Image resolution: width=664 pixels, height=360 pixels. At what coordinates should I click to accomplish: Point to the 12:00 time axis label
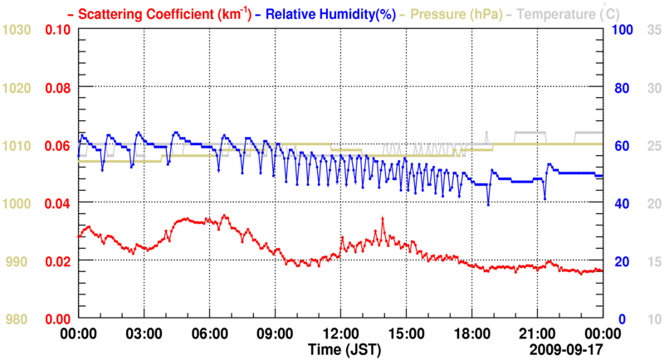pyautogui.click(x=340, y=333)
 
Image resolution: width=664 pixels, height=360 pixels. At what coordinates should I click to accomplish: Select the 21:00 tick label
pyautogui.click(x=537, y=333)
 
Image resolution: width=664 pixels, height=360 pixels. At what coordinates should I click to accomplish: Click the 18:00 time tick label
pyautogui.click(x=471, y=333)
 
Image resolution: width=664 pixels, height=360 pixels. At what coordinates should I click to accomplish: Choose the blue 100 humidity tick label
pyautogui.click(x=622, y=30)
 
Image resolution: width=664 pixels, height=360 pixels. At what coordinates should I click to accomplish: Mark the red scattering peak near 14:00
pyautogui.click(x=383, y=218)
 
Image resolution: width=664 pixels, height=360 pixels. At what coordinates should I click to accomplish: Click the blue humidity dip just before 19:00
pyautogui.click(x=488, y=204)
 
